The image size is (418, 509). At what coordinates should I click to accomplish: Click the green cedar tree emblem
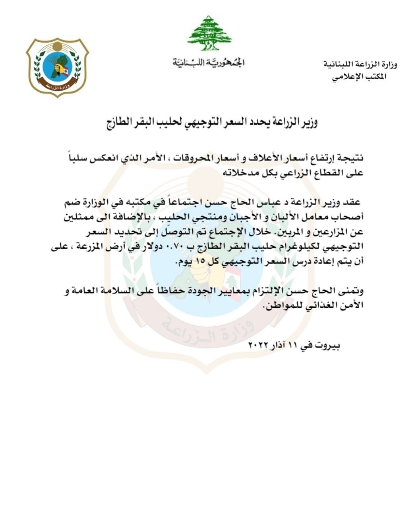(209, 33)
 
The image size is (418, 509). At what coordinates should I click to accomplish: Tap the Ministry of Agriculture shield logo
(57, 67)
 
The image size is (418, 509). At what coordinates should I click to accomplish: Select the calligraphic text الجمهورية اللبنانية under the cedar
(209, 62)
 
